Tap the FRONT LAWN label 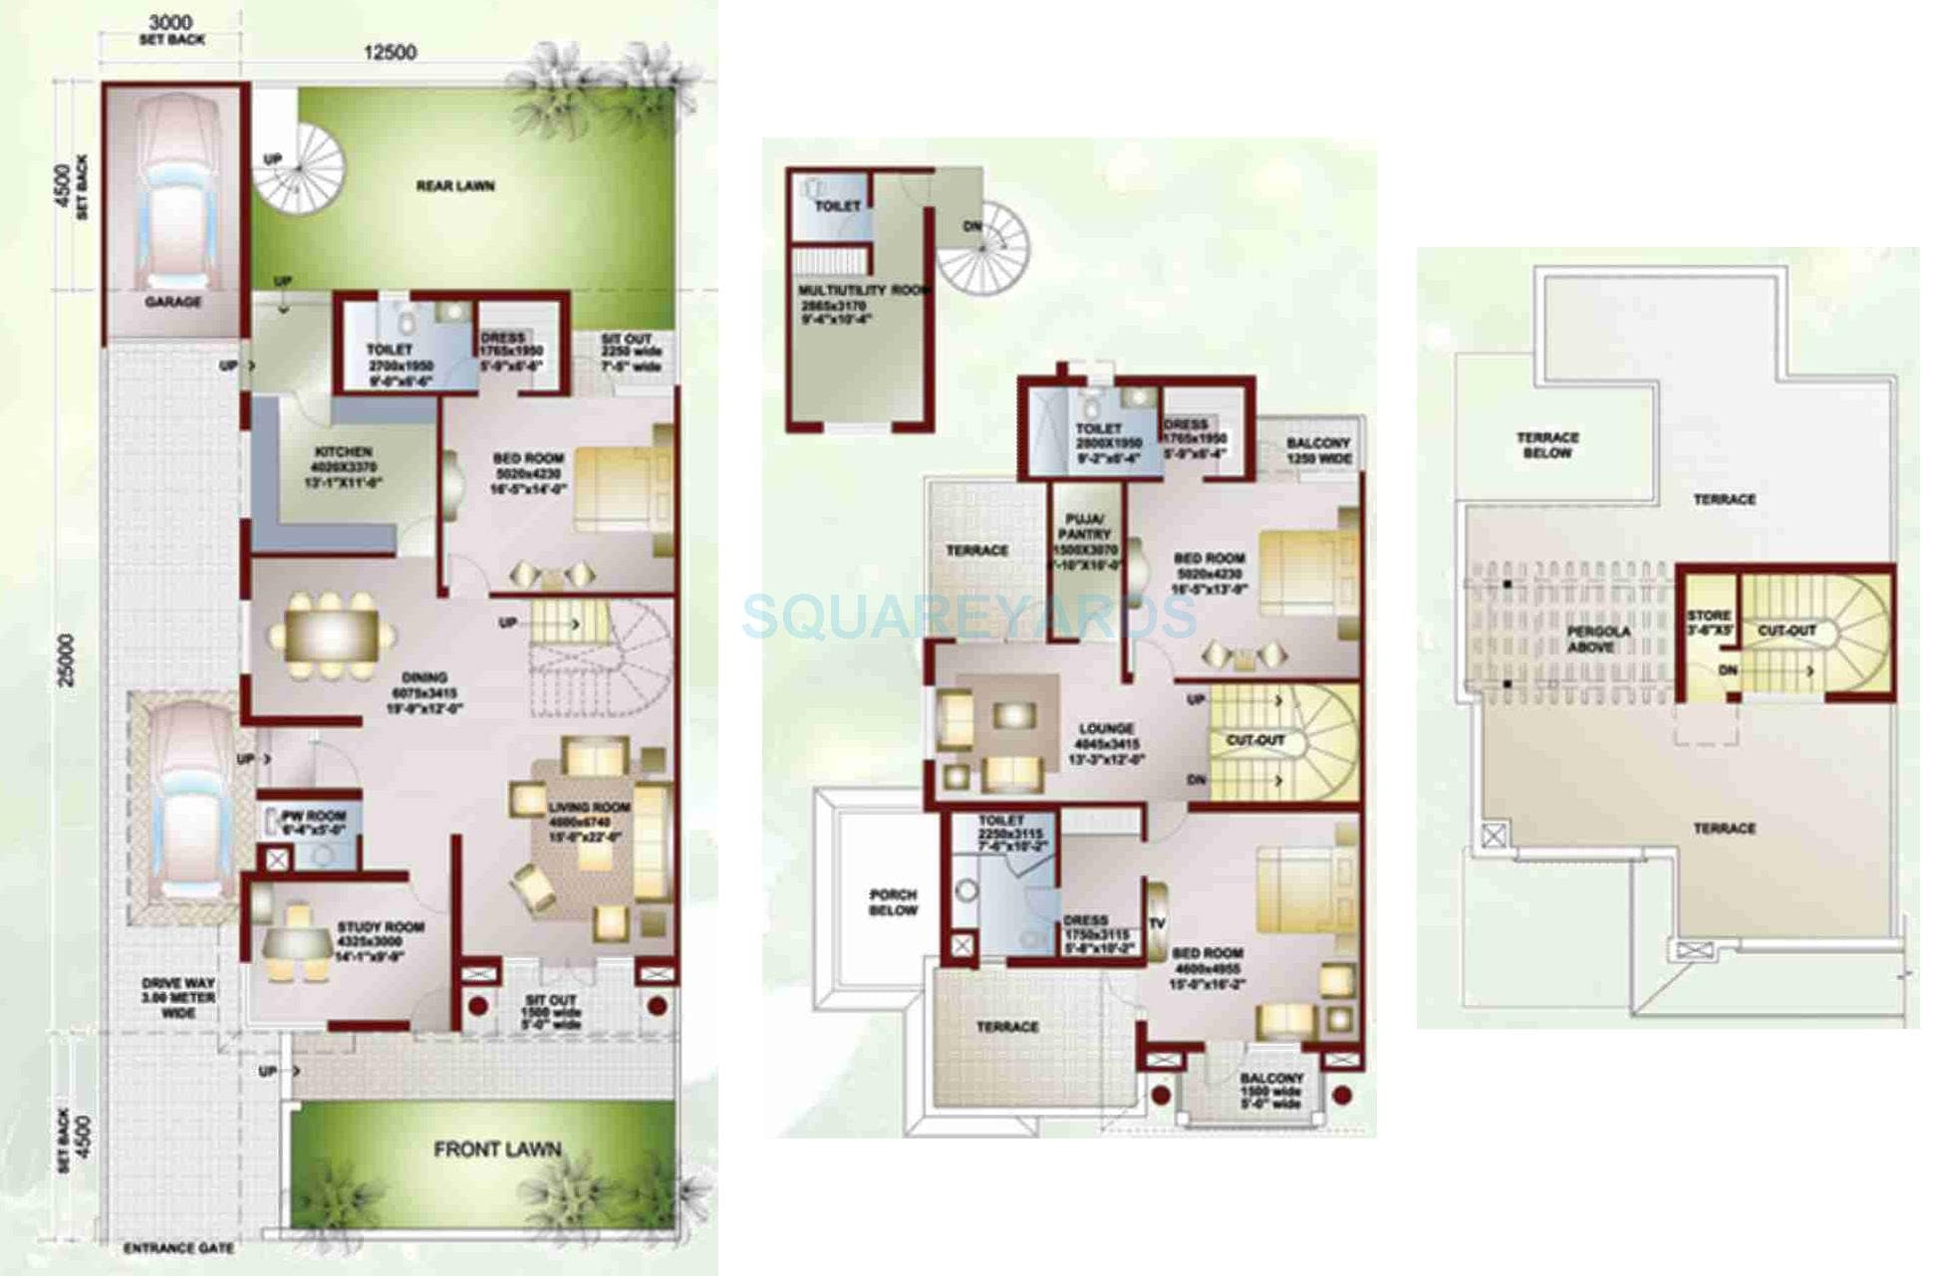coord(497,1149)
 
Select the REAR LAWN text coord(455,186)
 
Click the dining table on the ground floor coord(331,635)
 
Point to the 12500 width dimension coord(390,53)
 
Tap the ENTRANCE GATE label coord(179,1248)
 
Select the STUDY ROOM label coord(380,926)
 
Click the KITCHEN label coord(343,451)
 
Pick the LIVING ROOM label coord(589,807)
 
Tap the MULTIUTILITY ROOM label coord(863,290)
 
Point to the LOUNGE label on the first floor coord(1106,728)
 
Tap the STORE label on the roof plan coord(1709,616)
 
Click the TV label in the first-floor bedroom coord(1156,923)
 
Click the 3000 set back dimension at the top coord(170,22)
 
